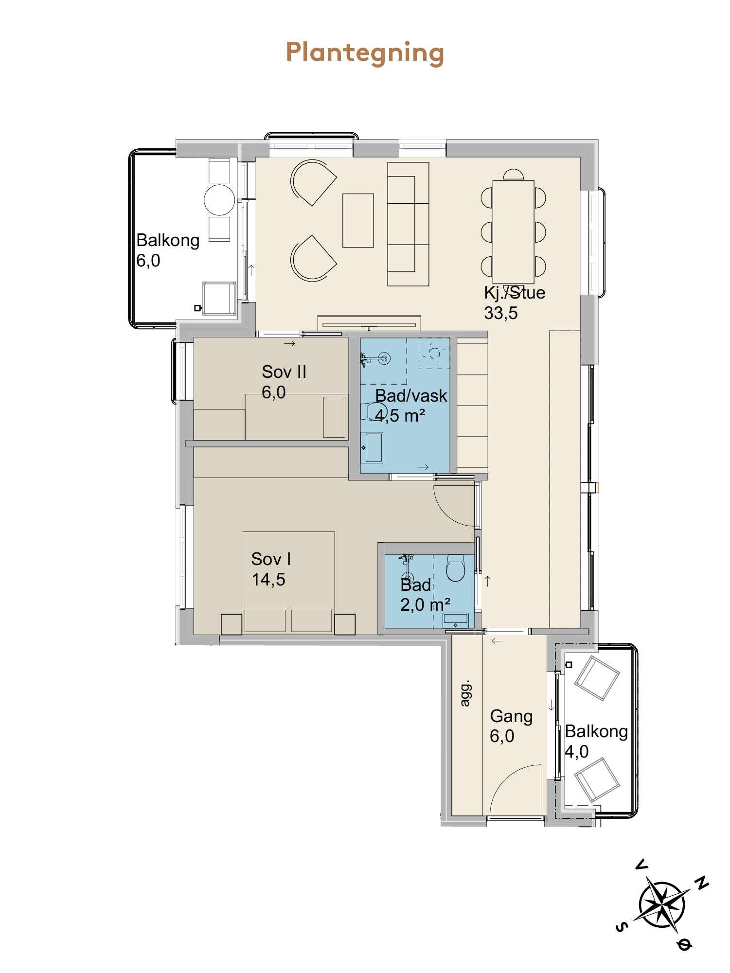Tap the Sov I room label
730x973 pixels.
pyautogui.click(x=271, y=569)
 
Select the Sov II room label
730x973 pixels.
pyautogui.click(x=284, y=382)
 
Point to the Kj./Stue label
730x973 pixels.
pyautogui.click(x=515, y=302)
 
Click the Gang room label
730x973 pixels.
pyautogui.click(x=511, y=725)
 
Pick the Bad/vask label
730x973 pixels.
pyautogui.click(x=411, y=406)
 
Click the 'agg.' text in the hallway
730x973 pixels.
pyautogui.click(x=465, y=693)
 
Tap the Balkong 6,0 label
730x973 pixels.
pyautogui.click(x=168, y=250)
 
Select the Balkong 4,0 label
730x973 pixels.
pyautogui.click(x=596, y=741)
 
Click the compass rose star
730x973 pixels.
pyautogui.click(x=661, y=905)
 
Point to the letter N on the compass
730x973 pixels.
pyautogui.click(x=701, y=883)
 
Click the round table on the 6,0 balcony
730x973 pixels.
pyautogui.click(x=219, y=200)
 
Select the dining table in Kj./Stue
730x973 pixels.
pyautogui.click(x=513, y=232)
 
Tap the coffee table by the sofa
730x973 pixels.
pyautogui.click(x=358, y=220)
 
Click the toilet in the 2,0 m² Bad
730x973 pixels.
pyautogui.click(x=456, y=568)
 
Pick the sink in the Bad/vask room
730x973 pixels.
pyautogui.click(x=372, y=447)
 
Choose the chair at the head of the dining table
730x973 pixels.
pyautogui.click(x=514, y=175)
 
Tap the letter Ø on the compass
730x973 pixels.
pyautogui.click(x=684, y=945)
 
